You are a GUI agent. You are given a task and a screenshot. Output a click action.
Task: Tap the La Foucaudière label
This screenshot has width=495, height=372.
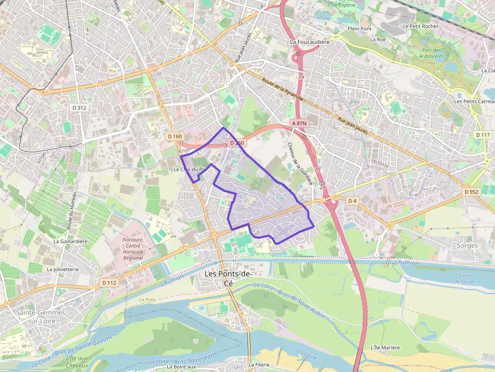point(310,42)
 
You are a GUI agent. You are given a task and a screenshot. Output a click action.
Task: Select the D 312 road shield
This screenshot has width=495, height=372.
point(79,108)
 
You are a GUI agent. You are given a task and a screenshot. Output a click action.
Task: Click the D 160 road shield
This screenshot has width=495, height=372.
point(175,136)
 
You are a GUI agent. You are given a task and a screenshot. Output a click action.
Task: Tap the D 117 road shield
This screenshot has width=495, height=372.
point(483,135)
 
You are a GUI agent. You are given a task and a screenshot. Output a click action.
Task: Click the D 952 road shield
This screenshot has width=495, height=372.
point(471,192)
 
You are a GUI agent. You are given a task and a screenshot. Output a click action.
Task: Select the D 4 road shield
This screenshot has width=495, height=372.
point(352,201)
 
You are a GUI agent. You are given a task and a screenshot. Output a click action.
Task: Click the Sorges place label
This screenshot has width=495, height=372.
point(466,246)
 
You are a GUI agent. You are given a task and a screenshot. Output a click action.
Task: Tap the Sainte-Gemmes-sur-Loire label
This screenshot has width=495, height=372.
point(41,316)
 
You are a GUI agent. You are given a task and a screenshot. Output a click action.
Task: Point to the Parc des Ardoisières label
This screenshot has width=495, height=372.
point(432,53)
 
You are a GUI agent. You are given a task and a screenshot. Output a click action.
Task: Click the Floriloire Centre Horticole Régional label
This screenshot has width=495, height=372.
point(133,249)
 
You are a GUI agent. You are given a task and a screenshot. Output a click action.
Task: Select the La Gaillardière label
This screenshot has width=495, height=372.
point(71,241)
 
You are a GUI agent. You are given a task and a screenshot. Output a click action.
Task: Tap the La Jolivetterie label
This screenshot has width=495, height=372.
point(63,270)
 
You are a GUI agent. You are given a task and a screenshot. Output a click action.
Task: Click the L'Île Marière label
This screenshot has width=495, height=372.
point(385,347)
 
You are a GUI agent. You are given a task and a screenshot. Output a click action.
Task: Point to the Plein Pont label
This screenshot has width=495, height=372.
point(360,29)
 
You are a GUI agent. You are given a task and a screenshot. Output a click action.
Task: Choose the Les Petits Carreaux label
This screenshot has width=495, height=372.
point(474,101)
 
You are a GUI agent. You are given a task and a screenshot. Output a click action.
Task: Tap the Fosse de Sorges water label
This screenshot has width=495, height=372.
point(465,279)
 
